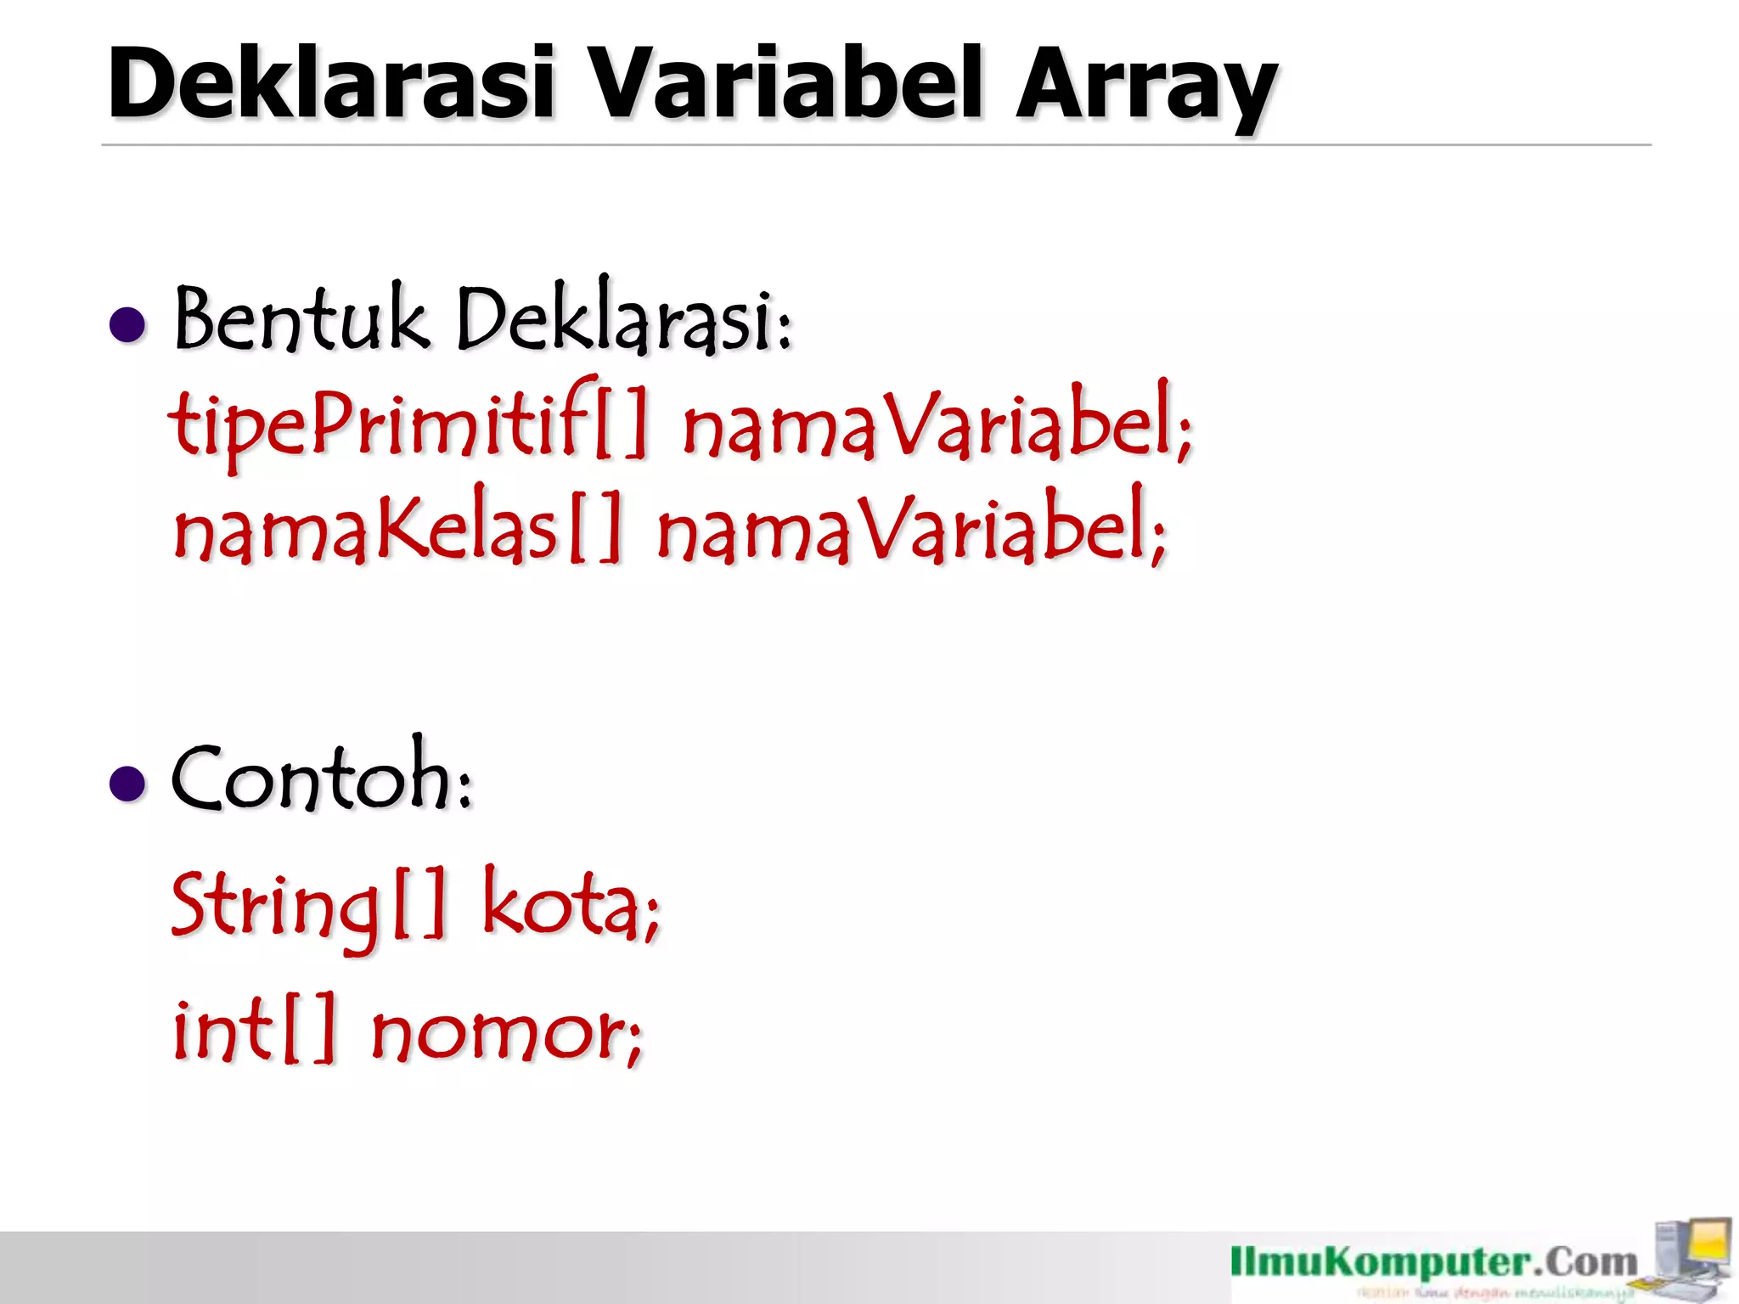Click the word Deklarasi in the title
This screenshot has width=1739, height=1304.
point(331,83)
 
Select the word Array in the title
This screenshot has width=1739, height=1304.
point(1146,89)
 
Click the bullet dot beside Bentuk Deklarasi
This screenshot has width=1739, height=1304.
point(128,325)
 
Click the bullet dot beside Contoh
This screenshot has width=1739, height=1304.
point(128,783)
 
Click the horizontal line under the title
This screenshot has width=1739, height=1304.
point(875,145)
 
